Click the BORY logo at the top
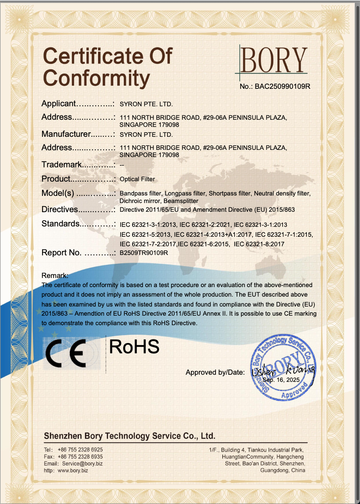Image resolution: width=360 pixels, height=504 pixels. point(273,61)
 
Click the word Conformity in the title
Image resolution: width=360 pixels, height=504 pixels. point(96,78)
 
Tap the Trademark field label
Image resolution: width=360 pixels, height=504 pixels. point(62,165)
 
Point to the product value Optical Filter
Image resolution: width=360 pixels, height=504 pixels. point(137,179)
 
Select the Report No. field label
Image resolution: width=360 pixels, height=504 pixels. point(62,253)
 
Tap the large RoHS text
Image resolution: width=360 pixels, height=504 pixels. point(134,347)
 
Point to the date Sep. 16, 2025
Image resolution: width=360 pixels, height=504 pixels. point(282,379)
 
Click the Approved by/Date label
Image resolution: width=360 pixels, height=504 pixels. point(215,372)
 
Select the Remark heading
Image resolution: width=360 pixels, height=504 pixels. point(55,275)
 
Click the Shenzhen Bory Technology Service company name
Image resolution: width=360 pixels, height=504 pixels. point(129,436)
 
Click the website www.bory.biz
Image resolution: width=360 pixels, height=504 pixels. point(73,470)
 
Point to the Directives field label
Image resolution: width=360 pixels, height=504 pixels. point(60,209)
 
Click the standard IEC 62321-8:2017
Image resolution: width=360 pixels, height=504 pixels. point(259,244)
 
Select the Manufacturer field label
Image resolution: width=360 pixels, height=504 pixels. point(67,134)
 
